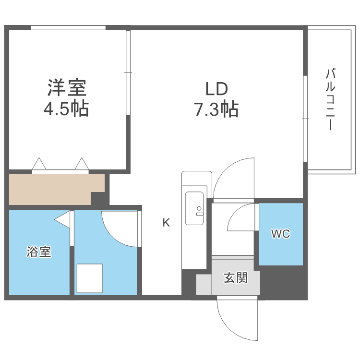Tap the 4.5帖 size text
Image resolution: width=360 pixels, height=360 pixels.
tap(66, 109)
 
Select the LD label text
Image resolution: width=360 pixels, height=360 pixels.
tap(216, 89)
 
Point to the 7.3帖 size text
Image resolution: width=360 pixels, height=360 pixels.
tap(216, 110)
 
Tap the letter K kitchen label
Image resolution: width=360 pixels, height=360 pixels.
tap(166, 222)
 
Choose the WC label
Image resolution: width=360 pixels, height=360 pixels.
tap(280, 234)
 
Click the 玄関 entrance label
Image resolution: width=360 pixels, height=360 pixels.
tap(236, 277)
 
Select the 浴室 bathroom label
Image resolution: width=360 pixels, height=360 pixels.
tap(39, 252)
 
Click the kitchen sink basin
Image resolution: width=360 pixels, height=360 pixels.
tap(194, 207)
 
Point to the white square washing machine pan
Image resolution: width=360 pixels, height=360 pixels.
tap(89, 278)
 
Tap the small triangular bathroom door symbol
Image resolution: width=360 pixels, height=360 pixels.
tap(62, 219)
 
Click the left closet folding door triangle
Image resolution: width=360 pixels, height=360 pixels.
tap(39, 164)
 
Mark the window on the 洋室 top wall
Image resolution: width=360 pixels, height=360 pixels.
tap(68, 28)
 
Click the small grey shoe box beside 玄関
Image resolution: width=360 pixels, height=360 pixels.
tap(203, 285)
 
